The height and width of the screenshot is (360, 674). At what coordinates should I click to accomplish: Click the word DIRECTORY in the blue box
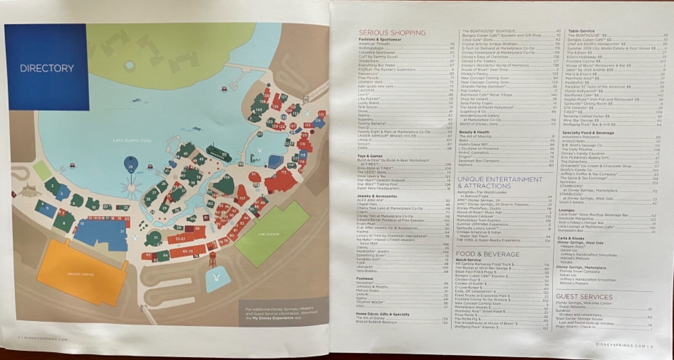47,68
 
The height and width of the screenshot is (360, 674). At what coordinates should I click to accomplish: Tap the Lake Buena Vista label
132,140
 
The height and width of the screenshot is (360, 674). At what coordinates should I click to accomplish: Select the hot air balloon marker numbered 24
131,167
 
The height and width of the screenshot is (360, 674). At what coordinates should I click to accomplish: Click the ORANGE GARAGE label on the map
80,274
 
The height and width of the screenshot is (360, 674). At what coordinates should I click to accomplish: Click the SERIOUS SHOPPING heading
392,32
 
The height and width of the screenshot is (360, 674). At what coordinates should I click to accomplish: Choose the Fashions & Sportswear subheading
380,40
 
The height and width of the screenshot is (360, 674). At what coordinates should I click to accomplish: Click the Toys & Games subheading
370,156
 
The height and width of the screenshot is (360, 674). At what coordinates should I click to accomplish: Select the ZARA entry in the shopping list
363,148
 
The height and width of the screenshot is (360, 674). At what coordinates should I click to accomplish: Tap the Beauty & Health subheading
474,132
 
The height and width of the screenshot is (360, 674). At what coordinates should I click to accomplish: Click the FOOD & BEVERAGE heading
487,254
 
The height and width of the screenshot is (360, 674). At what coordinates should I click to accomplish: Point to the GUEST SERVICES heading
584,296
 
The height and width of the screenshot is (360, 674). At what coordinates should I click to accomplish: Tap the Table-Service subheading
581,31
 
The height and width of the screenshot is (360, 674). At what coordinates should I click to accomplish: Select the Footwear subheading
365,279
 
